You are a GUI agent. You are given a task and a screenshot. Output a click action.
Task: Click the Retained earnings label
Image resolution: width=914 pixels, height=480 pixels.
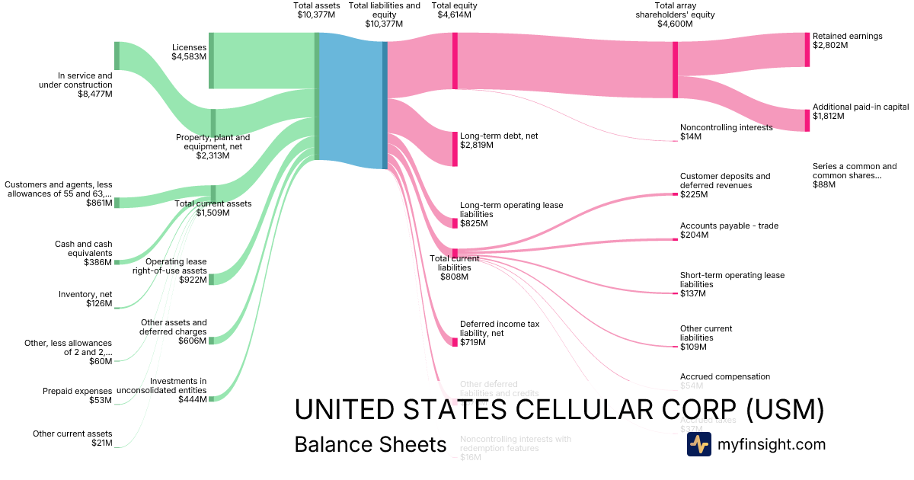[x=847, y=40]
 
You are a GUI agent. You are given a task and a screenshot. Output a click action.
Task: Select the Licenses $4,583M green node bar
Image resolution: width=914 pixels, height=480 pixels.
[x=211, y=60]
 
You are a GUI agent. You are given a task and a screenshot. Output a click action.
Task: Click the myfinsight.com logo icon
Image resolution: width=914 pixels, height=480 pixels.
[x=698, y=444]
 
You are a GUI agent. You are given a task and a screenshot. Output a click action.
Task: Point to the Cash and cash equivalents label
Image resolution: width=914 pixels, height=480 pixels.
[x=84, y=253]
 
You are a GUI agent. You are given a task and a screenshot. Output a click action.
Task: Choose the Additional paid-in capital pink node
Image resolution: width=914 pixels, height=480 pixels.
[x=807, y=120]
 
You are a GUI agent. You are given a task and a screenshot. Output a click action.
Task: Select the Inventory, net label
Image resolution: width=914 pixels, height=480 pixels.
[x=85, y=299]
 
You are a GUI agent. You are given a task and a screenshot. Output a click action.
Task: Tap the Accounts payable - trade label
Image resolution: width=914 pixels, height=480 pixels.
[x=729, y=230]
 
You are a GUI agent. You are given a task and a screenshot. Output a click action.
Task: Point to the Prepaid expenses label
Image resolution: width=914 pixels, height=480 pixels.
[x=78, y=395]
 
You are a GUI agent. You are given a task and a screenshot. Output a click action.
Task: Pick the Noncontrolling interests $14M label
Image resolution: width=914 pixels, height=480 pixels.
[x=726, y=132]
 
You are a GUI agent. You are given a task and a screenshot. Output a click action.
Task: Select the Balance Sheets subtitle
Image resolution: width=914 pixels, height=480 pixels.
[x=370, y=444]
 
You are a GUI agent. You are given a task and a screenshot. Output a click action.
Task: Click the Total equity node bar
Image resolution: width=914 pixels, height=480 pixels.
[x=455, y=61]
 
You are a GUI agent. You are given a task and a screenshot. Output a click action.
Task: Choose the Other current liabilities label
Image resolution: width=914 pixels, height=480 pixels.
[x=705, y=338]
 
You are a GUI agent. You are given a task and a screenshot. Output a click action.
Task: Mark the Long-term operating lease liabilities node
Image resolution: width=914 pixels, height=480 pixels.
[x=455, y=223]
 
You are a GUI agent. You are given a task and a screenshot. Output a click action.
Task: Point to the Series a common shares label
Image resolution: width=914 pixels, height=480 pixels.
[x=854, y=175]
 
